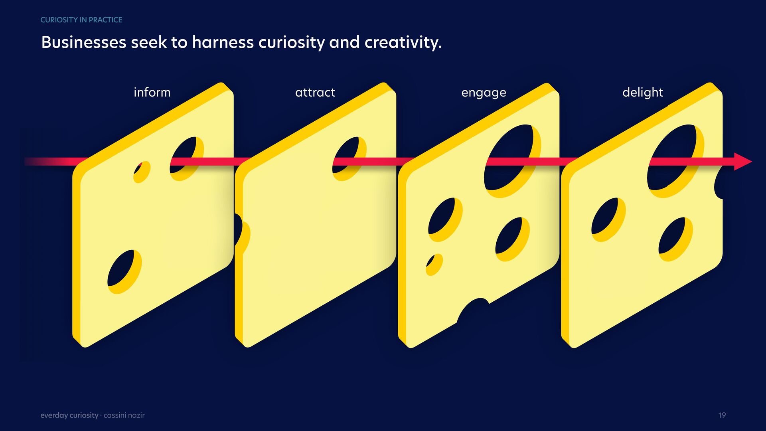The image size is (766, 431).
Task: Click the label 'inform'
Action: [152, 92]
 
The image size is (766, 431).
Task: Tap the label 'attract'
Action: [315, 92]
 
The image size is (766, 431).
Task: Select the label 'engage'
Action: [484, 93]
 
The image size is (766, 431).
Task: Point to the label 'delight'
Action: [642, 92]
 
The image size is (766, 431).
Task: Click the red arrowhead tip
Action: [752, 162]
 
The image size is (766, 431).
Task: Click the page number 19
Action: [722, 415]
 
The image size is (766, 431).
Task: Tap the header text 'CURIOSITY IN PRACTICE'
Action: [81, 20]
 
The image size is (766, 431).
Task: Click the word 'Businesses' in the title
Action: [84, 42]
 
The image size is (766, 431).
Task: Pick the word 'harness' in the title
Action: [223, 42]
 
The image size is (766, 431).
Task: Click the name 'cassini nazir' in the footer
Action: [124, 415]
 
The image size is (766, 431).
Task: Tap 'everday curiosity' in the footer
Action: [69, 415]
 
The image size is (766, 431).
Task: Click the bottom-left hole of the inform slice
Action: [124, 272]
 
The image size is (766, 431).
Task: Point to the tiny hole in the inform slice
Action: [142, 172]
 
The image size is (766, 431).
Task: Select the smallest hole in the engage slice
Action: [434, 264]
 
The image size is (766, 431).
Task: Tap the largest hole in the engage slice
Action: [512, 161]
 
